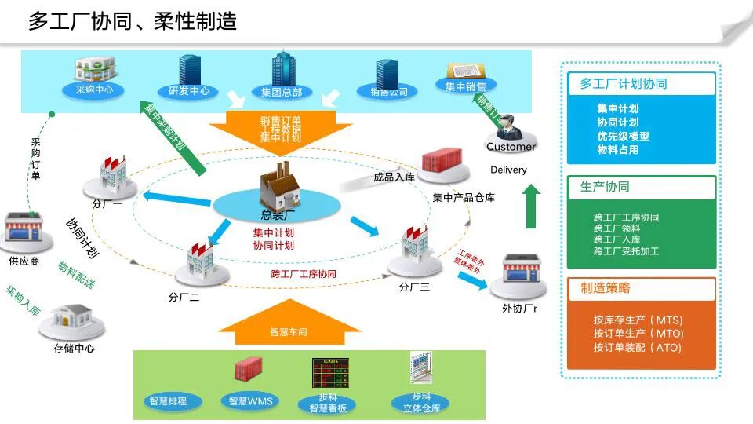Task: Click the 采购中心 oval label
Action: (94, 90)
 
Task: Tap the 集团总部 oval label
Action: (281, 92)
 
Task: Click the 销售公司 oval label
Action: (388, 92)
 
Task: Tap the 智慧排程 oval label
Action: (169, 401)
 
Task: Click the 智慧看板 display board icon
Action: (327, 374)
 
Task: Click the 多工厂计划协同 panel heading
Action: (624, 83)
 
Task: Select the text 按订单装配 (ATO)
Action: (638, 347)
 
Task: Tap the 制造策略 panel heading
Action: (606, 288)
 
